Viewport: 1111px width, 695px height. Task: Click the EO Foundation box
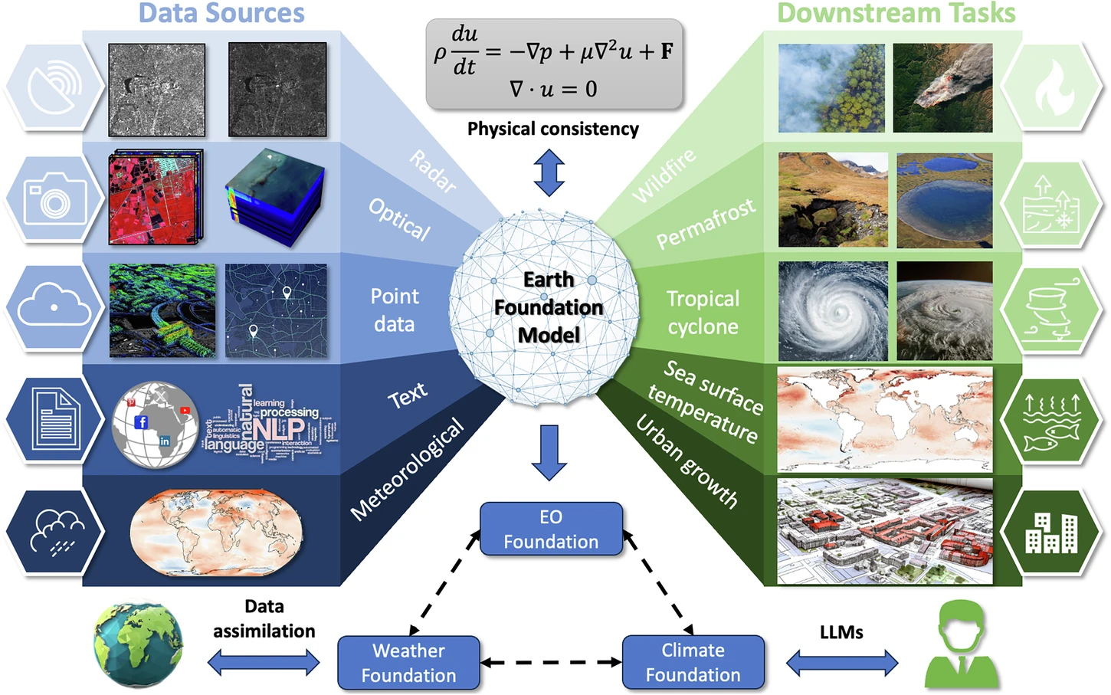(551, 529)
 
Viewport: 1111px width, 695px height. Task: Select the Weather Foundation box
(408, 663)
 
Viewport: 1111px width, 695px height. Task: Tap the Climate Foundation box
(693, 662)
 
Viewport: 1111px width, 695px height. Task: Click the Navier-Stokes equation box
(553, 64)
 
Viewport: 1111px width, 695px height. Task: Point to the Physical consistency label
(552, 129)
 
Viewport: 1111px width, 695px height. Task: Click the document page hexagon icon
(54, 419)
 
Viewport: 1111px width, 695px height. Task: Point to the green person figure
(961, 645)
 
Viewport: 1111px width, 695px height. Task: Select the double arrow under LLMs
(841, 662)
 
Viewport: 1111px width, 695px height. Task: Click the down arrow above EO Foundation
(549, 452)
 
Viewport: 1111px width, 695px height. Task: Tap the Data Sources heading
(221, 13)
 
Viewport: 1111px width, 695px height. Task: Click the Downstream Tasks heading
(896, 13)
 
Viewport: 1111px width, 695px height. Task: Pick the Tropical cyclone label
(703, 312)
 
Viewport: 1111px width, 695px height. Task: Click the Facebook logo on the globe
(141, 422)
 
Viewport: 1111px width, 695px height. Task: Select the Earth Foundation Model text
(549, 307)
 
